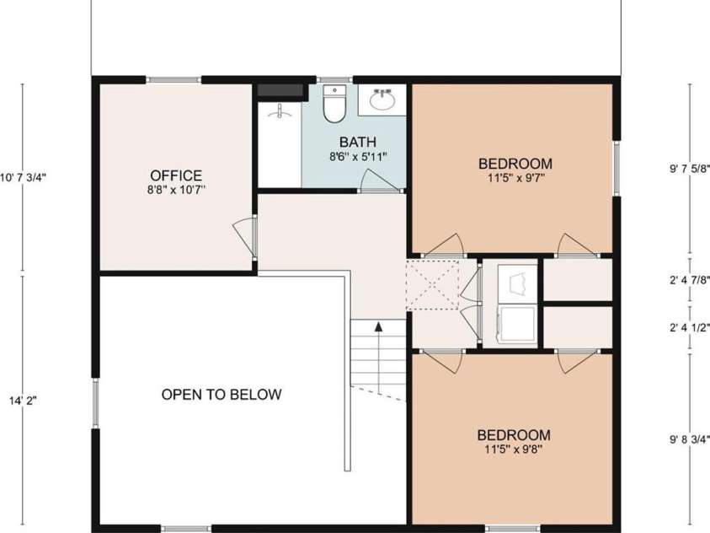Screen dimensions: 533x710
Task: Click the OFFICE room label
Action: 176,175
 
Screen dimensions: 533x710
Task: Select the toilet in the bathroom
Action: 334,105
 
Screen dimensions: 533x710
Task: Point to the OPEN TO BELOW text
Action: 222,394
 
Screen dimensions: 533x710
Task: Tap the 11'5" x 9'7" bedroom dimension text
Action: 515,178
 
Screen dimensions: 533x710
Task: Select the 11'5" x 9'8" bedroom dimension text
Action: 514,450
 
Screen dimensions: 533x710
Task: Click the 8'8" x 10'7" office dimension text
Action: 176,191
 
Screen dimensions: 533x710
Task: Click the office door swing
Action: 243,234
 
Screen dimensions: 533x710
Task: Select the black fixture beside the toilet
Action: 280,91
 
